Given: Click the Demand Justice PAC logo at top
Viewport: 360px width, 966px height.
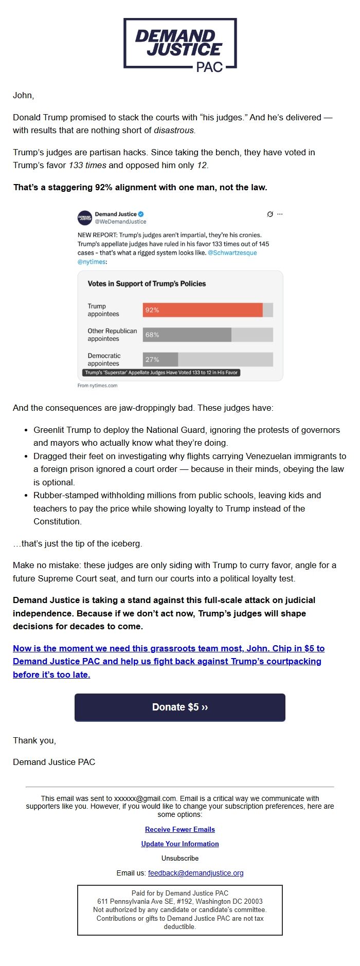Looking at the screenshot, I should (180, 45).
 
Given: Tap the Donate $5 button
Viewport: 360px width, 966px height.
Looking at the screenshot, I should (180, 707).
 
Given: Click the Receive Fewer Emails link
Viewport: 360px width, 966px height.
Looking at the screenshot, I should (180, 829).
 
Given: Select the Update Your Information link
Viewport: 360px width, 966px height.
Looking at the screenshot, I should (180, 844).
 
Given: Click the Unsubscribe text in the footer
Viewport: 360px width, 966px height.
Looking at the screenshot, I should (180, 858).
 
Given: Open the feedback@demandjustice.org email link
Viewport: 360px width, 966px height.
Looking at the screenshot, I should (195, 873).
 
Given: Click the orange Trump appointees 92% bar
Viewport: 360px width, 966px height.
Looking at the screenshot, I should (203, 310).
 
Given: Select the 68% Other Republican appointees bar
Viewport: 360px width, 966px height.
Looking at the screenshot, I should (187, 335).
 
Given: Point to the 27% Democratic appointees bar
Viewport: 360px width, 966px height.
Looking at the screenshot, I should (160, 359).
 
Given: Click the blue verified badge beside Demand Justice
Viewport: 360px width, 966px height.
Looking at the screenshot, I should (141, 214).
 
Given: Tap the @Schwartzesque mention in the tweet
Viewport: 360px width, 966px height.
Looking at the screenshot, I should (232, 253).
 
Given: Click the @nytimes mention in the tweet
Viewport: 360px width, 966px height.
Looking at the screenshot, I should (92, 262).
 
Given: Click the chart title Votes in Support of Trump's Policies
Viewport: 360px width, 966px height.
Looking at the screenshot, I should (147, 283).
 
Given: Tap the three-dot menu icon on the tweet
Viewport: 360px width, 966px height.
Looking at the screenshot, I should (280, 214).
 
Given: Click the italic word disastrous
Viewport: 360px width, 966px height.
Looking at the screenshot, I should (174, 131).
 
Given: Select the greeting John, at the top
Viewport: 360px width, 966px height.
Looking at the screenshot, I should (23, 95).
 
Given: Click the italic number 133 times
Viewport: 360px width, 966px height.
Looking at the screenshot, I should (87, 166).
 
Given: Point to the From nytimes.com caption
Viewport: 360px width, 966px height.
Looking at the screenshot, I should (97, 386).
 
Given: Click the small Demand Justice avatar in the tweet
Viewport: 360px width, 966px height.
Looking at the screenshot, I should (85, 217).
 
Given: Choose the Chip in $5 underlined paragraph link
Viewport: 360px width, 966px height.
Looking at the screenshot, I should (168, 662).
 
